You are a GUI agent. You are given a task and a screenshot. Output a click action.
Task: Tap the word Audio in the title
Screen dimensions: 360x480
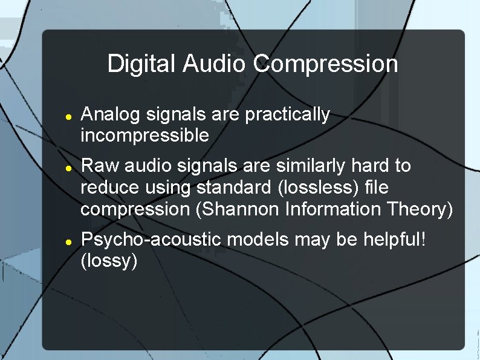click(215, 64)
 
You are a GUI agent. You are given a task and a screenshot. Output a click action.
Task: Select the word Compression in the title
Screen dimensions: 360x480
click(326, 64)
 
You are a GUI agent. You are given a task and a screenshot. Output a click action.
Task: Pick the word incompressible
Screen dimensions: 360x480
click(145, 136)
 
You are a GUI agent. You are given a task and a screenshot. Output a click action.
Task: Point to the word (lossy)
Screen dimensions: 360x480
click(110, 261)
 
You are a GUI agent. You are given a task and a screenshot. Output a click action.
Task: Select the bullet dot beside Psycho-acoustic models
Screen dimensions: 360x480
click(69, 241)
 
